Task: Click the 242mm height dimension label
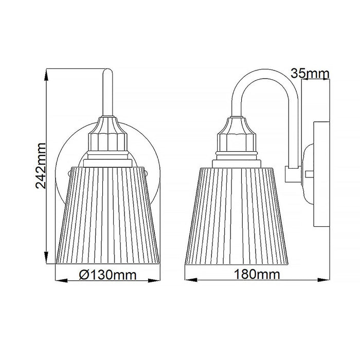[43, 166]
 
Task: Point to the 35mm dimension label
[310, 74]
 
